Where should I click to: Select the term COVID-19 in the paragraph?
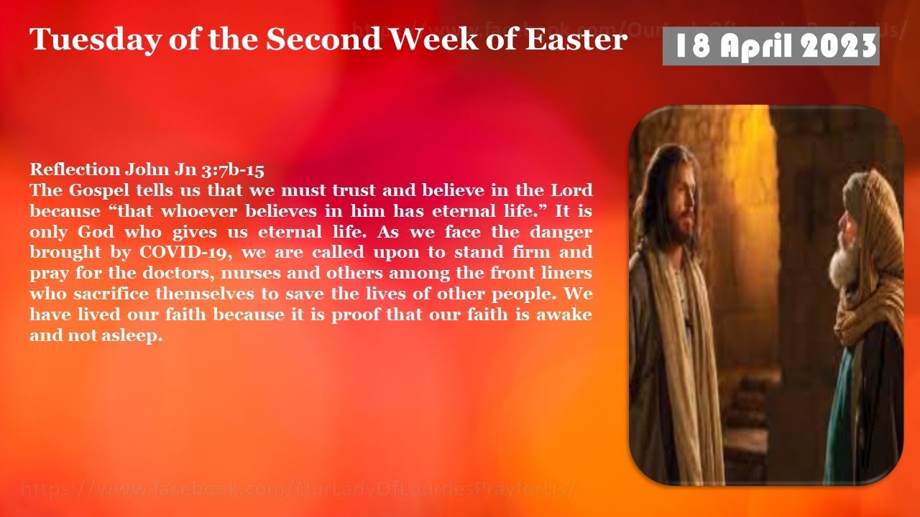pos(187,253)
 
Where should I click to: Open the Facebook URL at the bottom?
pos(298,490)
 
